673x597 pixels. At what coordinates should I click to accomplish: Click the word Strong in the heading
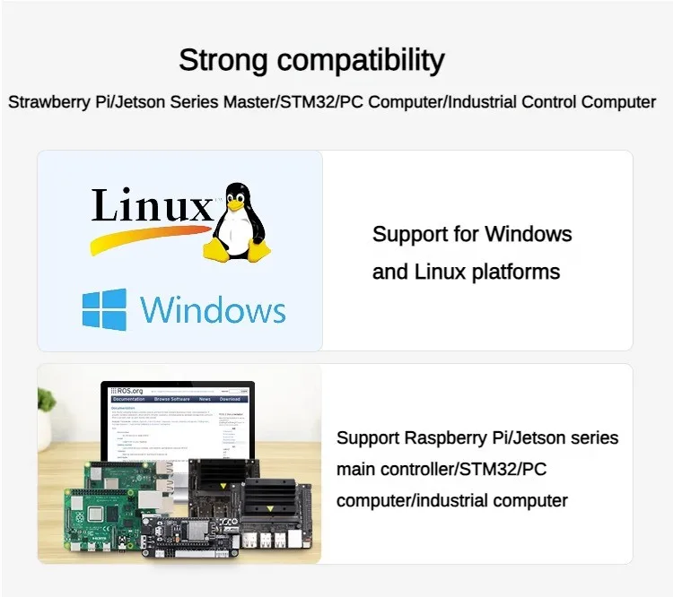(x=222, y=60)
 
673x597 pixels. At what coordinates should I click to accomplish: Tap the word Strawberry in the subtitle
(x=49, y=102)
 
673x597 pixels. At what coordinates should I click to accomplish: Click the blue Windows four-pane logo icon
(x=104, y=309)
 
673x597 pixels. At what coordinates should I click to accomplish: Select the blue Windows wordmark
(x=213, y=310)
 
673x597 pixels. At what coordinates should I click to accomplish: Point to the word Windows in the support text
(x=528, y=235)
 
